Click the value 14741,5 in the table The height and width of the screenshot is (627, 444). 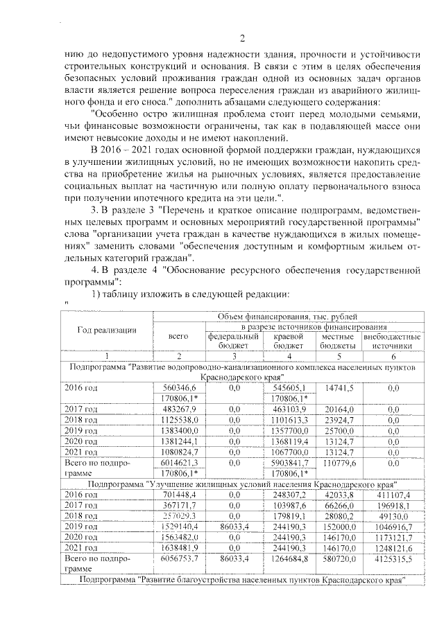click(339, 388)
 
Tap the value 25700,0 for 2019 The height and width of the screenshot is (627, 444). click(339, 430)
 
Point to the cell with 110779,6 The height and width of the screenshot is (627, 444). click(339, 462)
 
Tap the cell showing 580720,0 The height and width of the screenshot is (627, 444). click(339, 558)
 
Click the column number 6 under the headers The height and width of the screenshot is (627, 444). click(393, 355)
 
